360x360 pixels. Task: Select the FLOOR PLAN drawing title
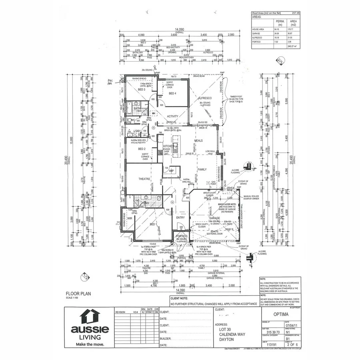click(x=78, y=293)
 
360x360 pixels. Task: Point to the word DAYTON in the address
click(x=227, y=339)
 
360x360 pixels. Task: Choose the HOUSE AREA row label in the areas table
click(x=259, y=29)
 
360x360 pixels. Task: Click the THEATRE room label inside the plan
click(x=144, y=179)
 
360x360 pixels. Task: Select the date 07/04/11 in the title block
click(x=290, y=325)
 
